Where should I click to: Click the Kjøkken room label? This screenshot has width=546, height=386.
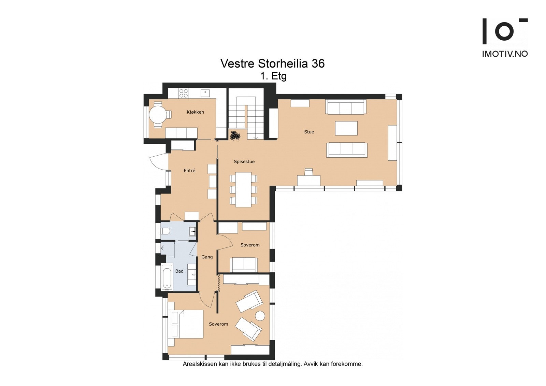195,112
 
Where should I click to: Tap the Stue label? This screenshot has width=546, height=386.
309,132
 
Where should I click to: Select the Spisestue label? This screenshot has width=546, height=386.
244,162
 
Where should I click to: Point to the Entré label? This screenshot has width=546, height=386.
189,171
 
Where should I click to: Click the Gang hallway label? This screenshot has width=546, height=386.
207,257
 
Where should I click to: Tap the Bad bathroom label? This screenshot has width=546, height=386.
179,271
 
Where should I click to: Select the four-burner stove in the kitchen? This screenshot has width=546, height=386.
184,93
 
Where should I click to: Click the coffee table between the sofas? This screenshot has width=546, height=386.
346,128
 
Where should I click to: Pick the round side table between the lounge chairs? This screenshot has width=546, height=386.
260,316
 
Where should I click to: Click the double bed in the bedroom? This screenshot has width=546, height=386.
187,324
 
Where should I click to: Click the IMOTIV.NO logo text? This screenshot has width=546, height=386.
505,54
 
